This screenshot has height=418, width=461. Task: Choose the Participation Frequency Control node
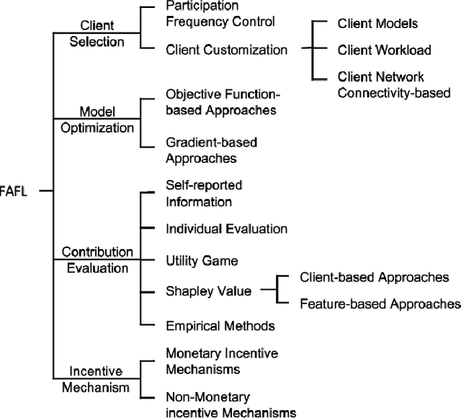220,14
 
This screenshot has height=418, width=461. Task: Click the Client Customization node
227,50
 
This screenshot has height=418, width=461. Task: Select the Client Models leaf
377,24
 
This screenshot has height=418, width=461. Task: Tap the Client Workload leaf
385,50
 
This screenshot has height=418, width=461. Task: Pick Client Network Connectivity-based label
393,84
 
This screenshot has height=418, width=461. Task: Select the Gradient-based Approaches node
211,150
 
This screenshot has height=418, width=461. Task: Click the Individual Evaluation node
227,228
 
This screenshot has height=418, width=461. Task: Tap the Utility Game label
202,259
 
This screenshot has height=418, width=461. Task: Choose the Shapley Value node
209,292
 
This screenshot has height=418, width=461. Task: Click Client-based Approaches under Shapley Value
373,277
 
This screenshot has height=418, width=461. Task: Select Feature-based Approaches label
380,304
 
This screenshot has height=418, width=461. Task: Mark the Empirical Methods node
220,326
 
